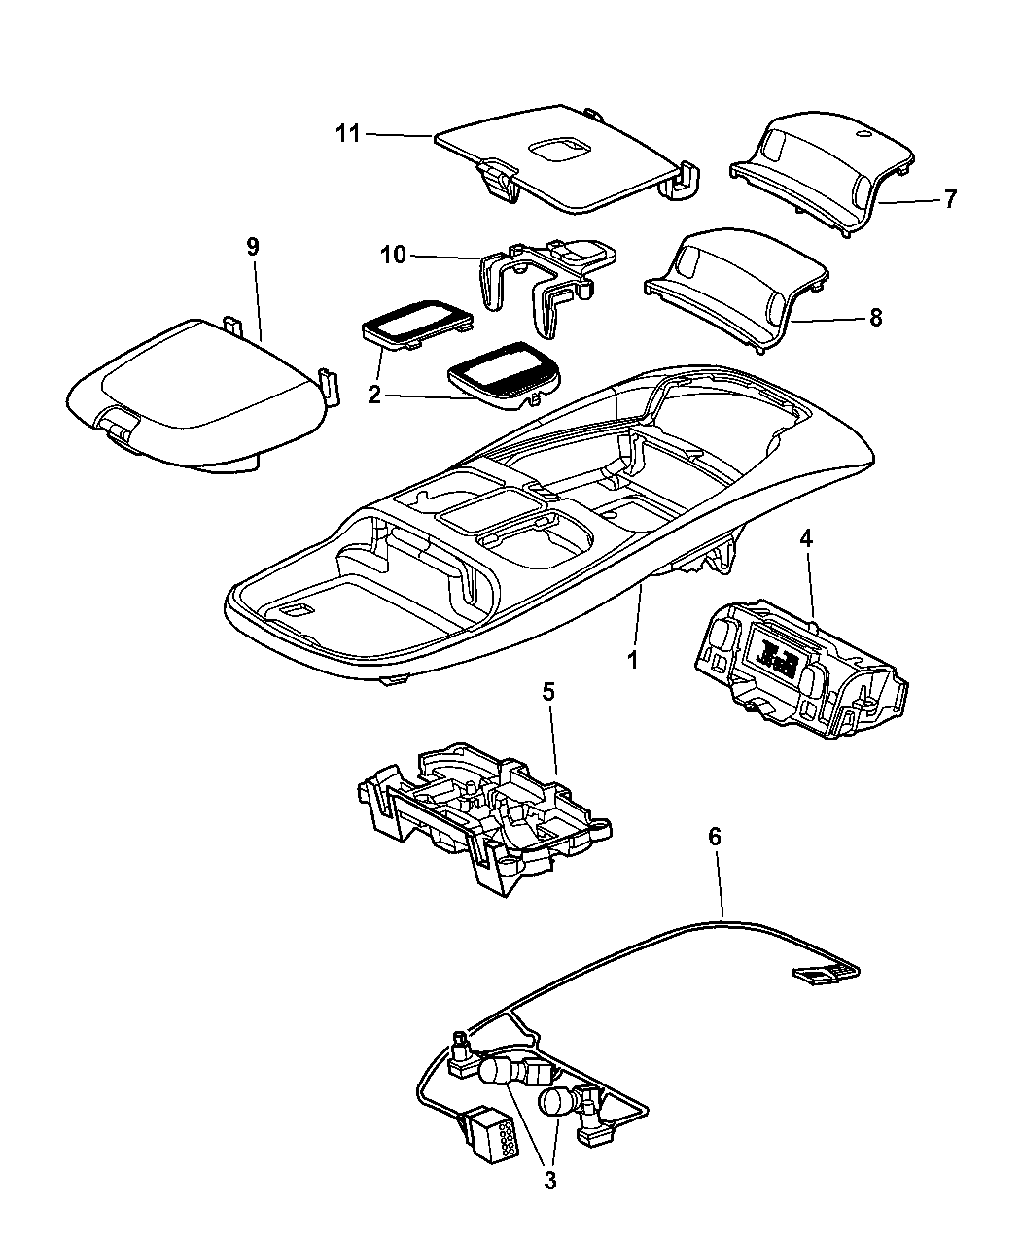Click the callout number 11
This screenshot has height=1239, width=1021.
click(347, 135)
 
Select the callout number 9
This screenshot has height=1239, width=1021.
click(252, 247)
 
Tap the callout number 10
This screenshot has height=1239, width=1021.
click(393, 255)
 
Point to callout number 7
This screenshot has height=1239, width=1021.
click(950, 199)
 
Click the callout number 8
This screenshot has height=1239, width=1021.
click(875, 317)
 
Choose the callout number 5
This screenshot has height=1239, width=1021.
click(548, 692)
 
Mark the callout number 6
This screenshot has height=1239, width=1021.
click(715, 834)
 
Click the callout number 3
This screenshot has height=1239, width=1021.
click(549, 1181)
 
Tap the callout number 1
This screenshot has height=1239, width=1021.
click(632, 661)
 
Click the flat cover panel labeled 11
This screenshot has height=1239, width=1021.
click(554, 165)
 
